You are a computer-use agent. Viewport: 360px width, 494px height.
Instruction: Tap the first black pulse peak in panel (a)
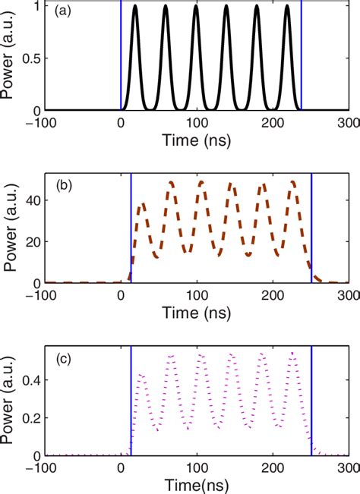click(135, 7)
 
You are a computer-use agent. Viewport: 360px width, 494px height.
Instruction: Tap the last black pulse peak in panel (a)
click(288, 7)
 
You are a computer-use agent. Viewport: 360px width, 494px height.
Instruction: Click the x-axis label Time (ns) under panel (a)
click(196, 142)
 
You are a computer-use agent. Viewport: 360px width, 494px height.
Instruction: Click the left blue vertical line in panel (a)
click(120, 57)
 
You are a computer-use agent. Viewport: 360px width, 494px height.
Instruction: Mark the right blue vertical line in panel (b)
click(312, 228)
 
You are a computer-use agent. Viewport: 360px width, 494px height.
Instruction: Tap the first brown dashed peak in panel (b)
click(143, 204)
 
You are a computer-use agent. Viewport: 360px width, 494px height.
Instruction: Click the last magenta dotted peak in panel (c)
click(292, 353)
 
